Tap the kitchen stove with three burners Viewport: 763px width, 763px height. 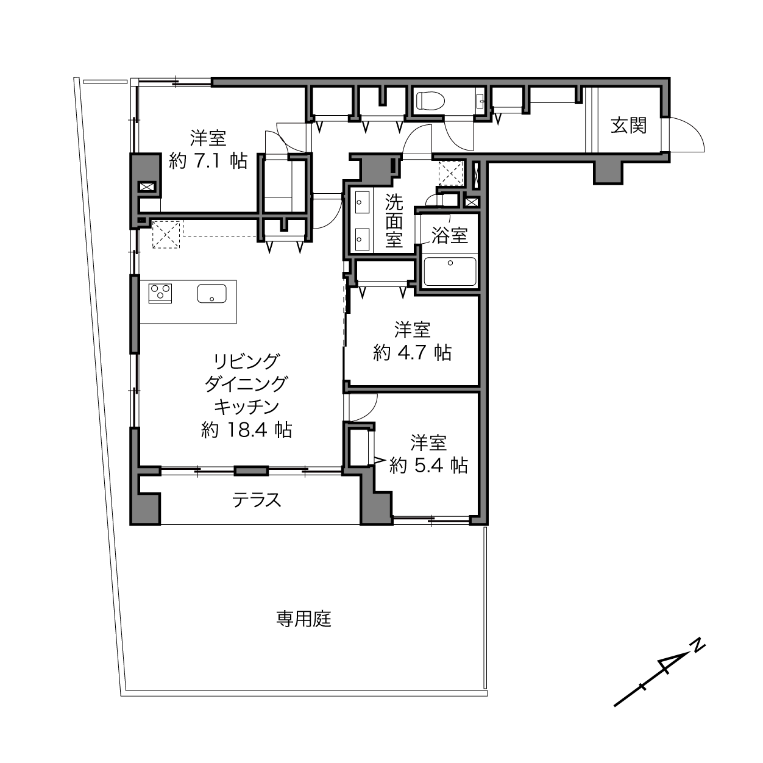(160, 293)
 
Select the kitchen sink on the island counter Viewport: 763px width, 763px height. (212, 293)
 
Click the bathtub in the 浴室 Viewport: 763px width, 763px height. (450, 271)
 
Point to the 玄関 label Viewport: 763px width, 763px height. (629, 126)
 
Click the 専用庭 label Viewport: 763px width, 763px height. (303, 619)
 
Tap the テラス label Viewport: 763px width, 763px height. (257, 500)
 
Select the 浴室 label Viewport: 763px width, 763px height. (450, 236)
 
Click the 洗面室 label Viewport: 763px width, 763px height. (394, 221)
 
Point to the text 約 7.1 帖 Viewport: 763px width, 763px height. (208, 161)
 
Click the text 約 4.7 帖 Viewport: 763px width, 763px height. (412, 352)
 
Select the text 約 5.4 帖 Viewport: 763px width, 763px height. (429, 466)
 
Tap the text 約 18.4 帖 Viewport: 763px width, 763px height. (247, 430)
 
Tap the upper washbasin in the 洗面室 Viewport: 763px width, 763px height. (362, 202)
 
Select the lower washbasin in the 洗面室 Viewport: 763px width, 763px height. (362, 239)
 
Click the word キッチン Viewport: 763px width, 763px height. (247, 406)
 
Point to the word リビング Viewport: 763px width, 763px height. (247, 361)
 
